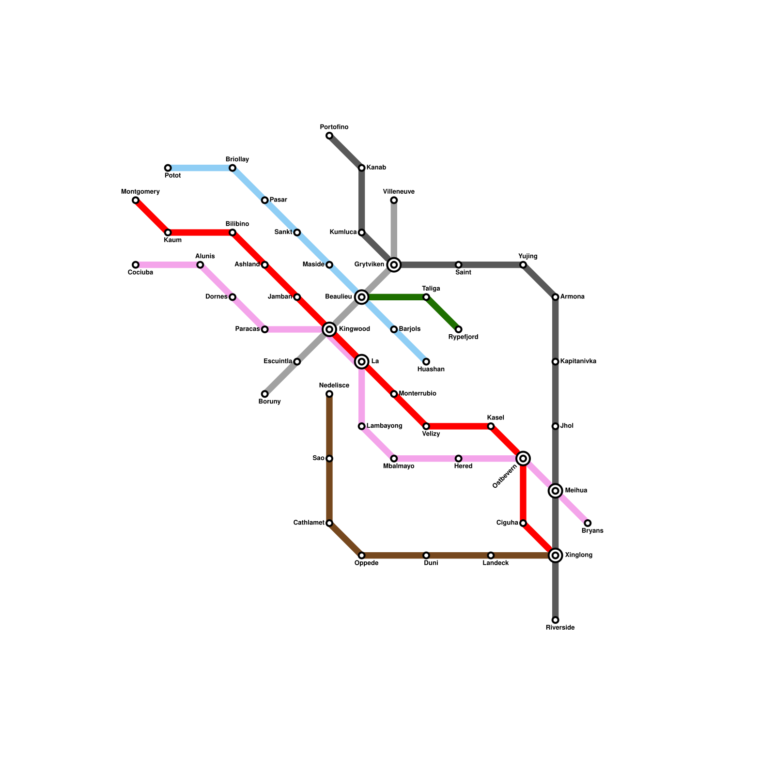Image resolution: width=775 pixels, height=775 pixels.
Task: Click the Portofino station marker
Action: click(329, 136)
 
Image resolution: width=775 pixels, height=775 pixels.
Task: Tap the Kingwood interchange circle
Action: click(329, 329)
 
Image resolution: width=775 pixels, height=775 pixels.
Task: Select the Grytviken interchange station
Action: click(394, 264)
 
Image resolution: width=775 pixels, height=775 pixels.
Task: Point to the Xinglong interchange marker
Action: click(556, 555)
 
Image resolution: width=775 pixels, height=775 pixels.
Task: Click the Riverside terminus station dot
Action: click(556, 620)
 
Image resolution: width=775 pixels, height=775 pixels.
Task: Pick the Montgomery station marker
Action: click(136, 200)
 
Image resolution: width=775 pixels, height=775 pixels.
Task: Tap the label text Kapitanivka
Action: click(578, 361)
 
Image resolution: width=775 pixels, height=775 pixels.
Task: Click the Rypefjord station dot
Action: click(459, 329)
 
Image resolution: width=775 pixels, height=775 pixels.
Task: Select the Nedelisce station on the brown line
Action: click(329, 394)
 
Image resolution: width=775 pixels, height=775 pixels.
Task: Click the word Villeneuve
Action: click(399, 192)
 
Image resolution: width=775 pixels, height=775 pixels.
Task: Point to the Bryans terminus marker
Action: click(588, 523)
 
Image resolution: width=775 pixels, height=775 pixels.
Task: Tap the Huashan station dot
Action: click(426, 361)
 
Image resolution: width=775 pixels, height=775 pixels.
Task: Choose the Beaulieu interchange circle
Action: click(361, 297)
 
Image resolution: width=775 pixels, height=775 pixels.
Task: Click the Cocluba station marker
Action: click(136, 264)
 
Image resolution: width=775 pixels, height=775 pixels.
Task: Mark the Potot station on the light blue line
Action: click(168, 168)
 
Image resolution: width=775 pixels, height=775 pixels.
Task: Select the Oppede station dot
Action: click(361, 555)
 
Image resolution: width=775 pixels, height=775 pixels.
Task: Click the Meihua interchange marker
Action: click(556, 491)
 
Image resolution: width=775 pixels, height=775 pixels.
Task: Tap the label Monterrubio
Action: click(418, 394)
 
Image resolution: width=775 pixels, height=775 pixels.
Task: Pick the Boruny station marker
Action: click(264, 394)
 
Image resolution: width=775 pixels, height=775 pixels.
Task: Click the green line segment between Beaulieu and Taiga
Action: click(394, 297)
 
